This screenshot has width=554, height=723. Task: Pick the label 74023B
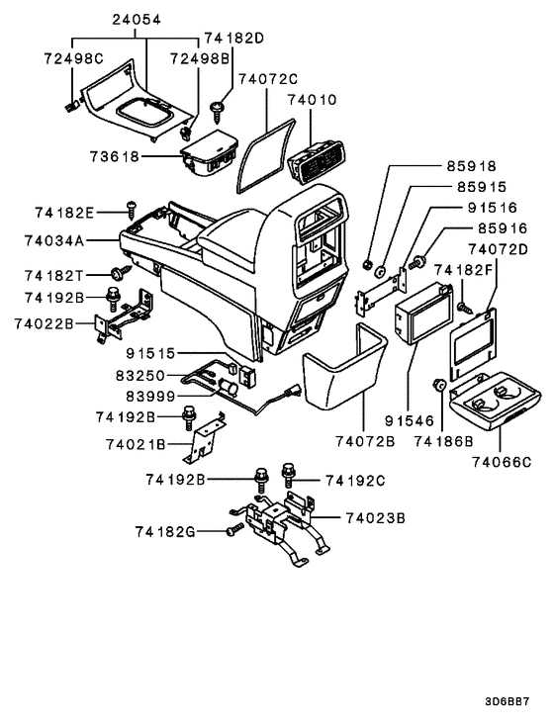click(x=377, y=517)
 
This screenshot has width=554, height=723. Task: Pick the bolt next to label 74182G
click(x=232, y=531)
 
